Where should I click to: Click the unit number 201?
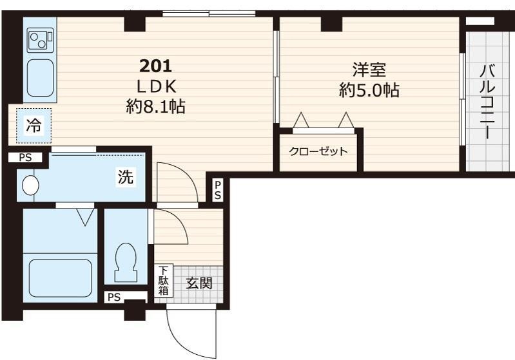coord(156,66)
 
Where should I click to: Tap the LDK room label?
coord(157,87)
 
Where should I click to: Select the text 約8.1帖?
coord(156,107)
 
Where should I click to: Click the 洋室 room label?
coord(369,70)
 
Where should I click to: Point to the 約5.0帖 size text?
coord(369,90)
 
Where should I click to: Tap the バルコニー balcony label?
coord(487,102)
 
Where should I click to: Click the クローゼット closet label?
coord(318,151)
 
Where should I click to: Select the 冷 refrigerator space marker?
coord(34,126)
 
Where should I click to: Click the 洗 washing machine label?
coord(126,177)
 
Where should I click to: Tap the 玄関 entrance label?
coord(199,283)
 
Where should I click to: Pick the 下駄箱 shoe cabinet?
coord(163,280)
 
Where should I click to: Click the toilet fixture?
coord(125,262)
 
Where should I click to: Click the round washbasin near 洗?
coord(30,185)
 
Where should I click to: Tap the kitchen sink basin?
coord(40,78)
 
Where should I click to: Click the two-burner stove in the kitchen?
coord(40,40)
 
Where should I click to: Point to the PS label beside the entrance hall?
coord(218,190)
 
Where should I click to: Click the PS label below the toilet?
coord(114,298)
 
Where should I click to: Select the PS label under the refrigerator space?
coord(25,158)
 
